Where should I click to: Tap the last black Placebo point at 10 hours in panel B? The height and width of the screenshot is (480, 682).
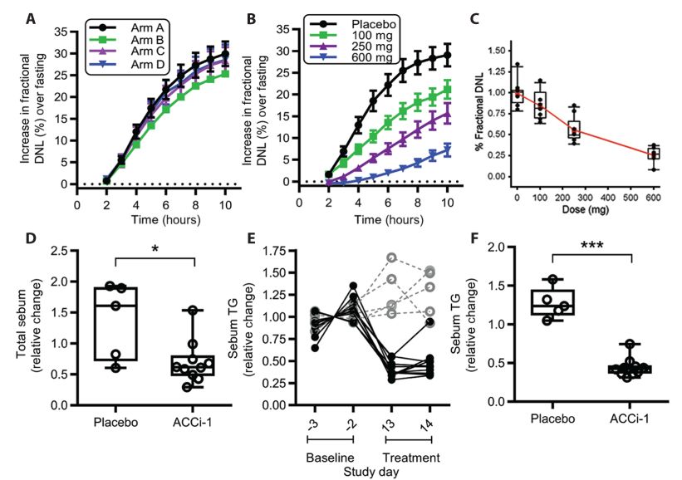tap(447, 56)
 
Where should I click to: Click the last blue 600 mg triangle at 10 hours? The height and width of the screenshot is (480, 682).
tap(447, 150)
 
